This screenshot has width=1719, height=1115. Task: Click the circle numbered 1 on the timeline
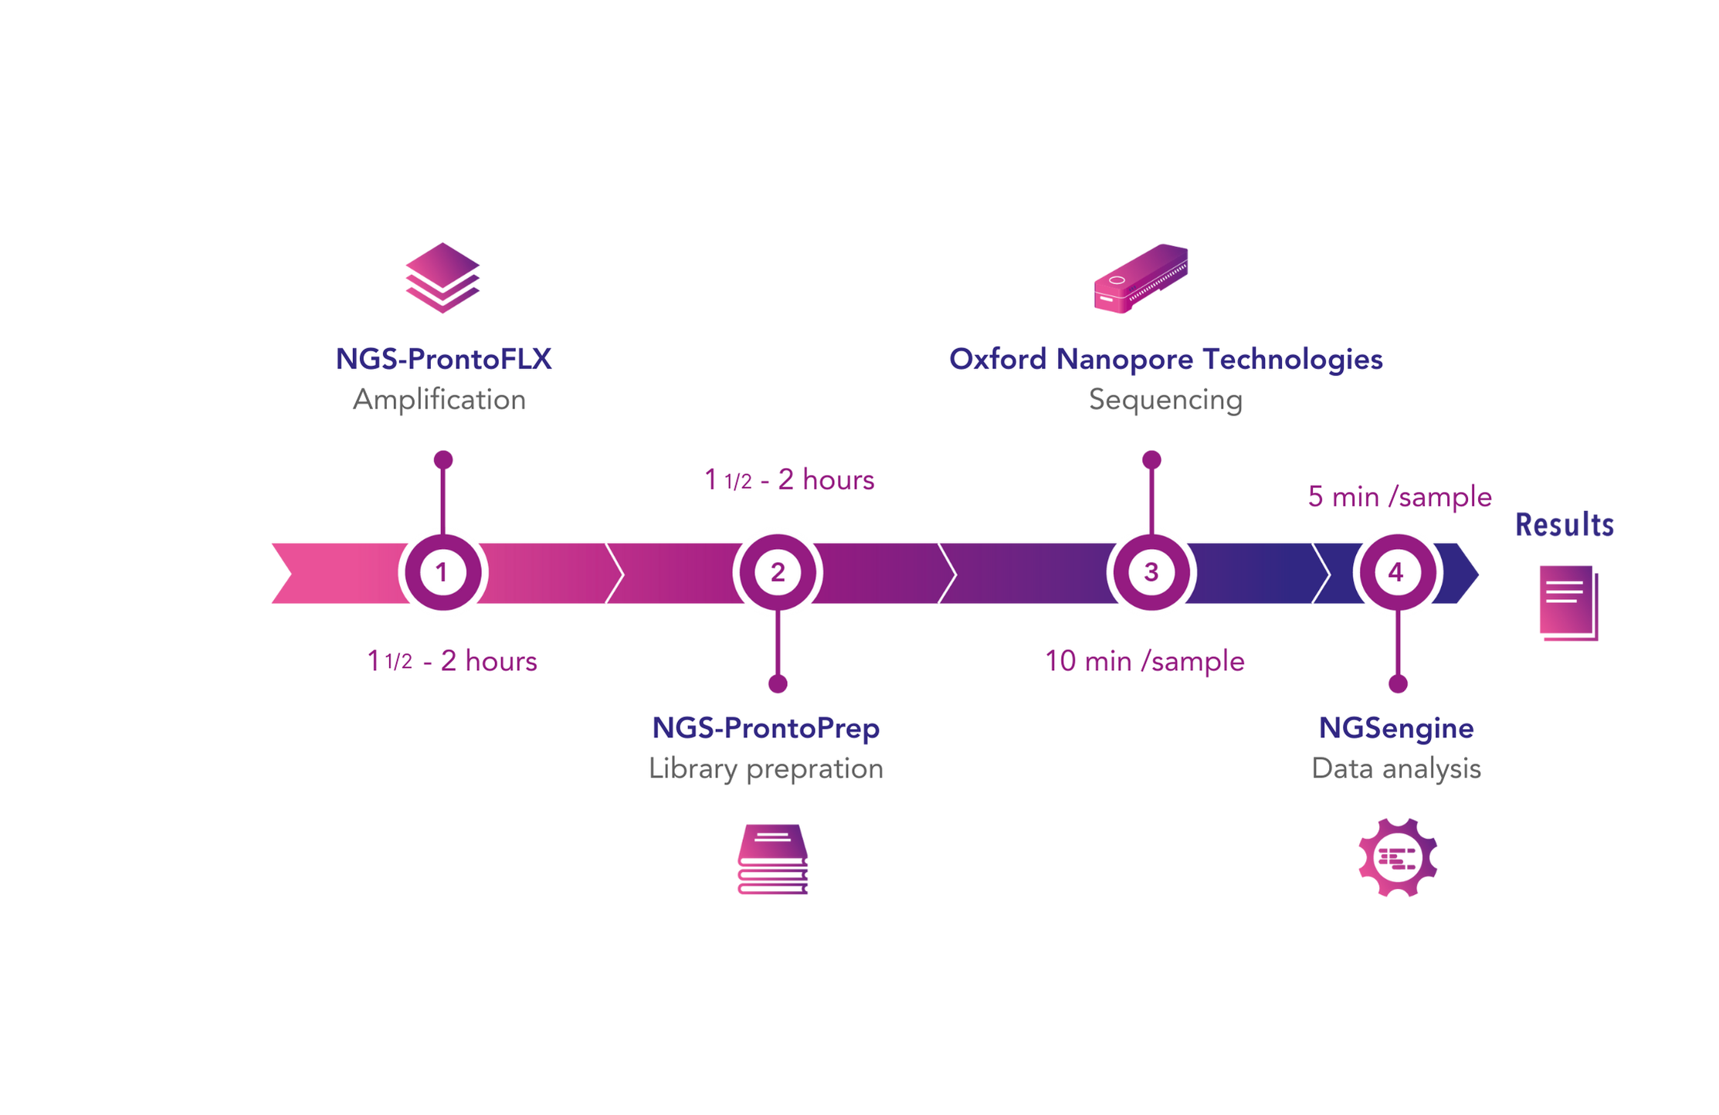point(442,572)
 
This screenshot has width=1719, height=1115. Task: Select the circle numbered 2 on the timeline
point(777,572)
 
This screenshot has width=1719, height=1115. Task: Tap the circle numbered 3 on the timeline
point(1151,572)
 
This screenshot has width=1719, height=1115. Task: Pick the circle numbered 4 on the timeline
point(1396,572)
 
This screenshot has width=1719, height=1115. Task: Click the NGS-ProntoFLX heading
point(443,359)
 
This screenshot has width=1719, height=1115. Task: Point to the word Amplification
point(439,400)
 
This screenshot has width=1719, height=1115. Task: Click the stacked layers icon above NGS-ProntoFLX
point(442,277)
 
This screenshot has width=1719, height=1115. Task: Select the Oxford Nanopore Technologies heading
point(1165,359)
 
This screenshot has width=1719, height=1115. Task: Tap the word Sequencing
point(1165,400)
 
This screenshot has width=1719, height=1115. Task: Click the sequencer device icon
point(1141,279)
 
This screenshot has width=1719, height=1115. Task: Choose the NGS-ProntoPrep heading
point(765,728)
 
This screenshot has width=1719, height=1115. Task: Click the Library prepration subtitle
point(765,769)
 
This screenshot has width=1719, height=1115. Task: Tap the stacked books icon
point(772,859)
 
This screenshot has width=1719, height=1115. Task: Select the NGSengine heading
point(1395,728)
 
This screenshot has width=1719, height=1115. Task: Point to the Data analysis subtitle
point(1395,769)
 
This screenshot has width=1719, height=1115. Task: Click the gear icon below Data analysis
point(1397,857)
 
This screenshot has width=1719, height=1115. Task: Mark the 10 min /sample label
point(1144,662)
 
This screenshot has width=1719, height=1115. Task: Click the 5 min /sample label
point(1399,496)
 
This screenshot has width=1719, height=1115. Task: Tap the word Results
point(1564,525)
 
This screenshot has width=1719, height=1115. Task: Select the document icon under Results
point(1568,603)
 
